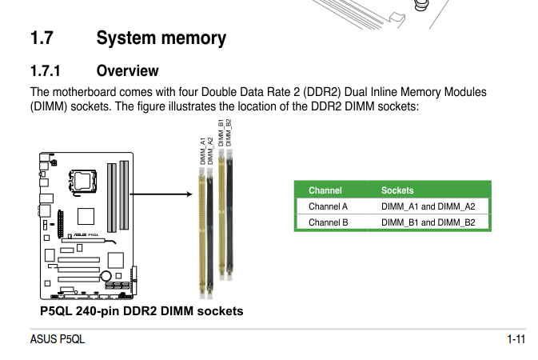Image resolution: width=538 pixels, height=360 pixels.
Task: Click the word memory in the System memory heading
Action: point(196,38)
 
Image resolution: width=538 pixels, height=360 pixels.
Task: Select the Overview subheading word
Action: point(127,71)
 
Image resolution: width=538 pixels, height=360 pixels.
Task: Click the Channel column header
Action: point(325,190)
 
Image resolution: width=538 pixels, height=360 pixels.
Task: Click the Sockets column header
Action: point(397,190)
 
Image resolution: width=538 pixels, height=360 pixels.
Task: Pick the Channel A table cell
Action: point(328,206)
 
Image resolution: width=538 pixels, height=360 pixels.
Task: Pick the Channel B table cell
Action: point(328,222)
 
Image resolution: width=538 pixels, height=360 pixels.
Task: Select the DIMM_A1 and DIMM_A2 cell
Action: point(428,206)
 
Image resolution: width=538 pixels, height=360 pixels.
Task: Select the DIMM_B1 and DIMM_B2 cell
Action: point(428,222)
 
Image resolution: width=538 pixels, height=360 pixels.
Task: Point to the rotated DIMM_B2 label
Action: point(229,133)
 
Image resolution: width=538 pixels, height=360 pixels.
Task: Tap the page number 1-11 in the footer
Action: point(516,339)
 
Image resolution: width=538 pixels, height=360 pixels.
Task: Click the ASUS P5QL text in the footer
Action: point(57,339)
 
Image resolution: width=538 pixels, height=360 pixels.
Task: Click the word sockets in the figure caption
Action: point(219,310)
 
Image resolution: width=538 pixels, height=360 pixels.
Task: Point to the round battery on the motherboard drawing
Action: point(106,277)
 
